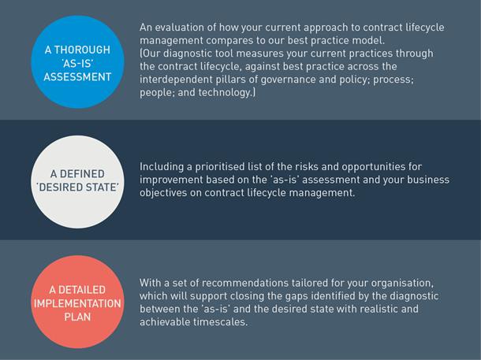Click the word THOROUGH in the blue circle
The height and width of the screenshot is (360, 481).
click(82, 50)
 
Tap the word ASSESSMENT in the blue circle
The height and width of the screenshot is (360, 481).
click(77, 76)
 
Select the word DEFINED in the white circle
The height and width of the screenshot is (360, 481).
click(82, 174)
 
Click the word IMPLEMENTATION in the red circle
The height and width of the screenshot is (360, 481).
click(77, 303)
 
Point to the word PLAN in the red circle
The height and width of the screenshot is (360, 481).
click(77, 317)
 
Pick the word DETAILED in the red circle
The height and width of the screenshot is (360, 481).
click(82, 290)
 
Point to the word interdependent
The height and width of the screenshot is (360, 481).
click(176, 80)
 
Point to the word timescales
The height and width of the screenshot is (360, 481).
click(220, 322)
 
